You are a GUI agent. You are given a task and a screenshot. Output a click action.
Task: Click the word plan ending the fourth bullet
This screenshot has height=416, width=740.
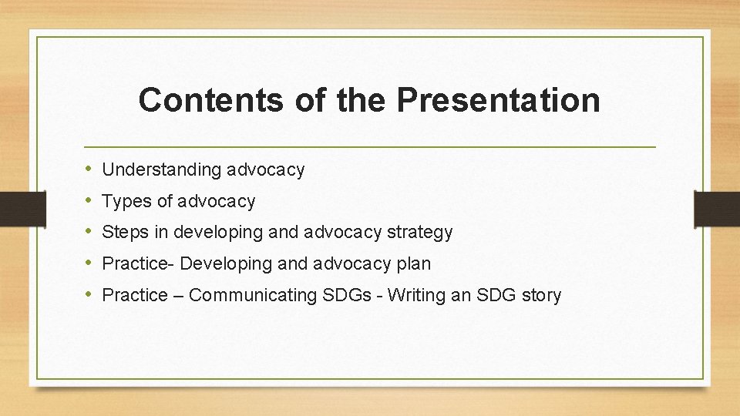click(x=414, y=263)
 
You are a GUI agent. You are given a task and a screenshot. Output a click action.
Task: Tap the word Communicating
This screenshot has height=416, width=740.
click(x=253, y=295)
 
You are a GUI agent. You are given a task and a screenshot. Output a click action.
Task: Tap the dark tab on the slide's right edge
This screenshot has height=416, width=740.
click(x=717, y=207)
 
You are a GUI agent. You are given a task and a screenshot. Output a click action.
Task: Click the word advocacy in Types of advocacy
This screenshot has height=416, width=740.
click(x=217, y=202)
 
